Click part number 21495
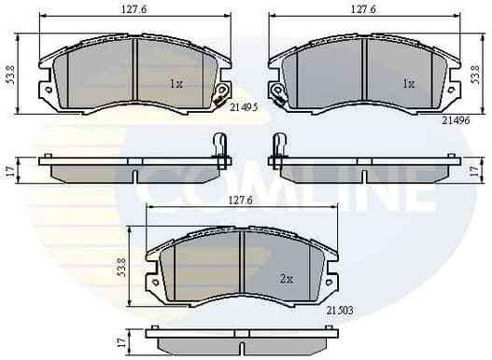point(244,107)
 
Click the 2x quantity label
point(287,278)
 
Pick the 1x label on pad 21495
point(176,83)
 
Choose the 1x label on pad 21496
point(407,83)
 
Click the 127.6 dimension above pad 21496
point(363,9)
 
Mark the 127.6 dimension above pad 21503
point(241,200)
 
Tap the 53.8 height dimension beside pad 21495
point(9,73)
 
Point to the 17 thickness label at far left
point(9,172)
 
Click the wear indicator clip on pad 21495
point(221,91)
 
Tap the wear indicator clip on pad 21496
point(276,91)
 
